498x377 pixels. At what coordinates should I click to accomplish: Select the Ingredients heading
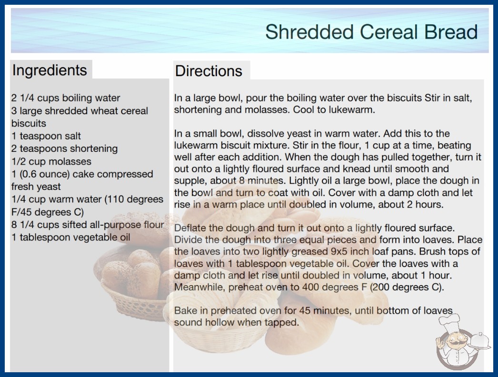[50, 70]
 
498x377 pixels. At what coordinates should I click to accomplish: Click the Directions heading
[209, 71]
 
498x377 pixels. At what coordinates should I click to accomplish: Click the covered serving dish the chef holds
[479, 341]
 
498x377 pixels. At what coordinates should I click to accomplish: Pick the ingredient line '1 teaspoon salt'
[46, 136]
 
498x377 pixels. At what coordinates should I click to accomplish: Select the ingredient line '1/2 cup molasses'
[51, 161]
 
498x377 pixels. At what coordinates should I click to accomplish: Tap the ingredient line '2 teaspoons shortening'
[64, 149]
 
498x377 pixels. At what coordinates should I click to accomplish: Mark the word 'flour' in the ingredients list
[154, 225]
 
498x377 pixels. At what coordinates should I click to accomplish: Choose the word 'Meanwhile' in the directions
[200, 287]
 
